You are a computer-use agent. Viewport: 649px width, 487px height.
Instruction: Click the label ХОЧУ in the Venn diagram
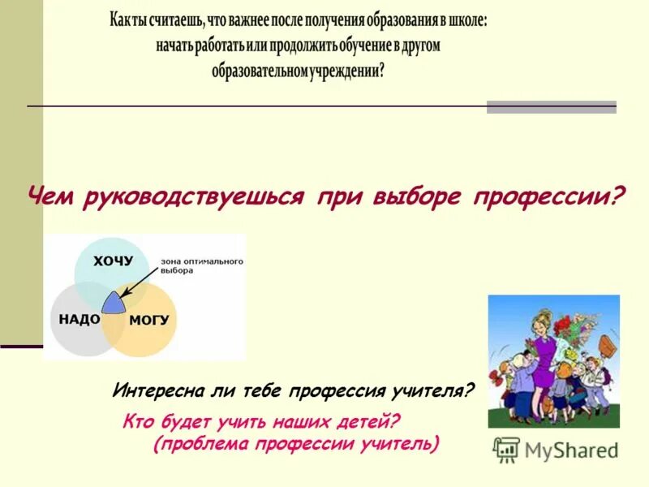point(112,261)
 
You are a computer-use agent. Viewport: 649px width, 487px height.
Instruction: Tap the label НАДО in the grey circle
point(80,319)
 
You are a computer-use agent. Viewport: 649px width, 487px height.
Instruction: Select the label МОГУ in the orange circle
point(149,320)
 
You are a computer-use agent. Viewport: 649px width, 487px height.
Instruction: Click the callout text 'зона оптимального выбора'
point(201,265)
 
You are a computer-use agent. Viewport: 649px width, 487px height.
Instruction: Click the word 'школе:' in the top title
point(465,22)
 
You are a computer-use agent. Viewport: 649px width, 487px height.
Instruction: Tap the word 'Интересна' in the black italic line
point(154,390)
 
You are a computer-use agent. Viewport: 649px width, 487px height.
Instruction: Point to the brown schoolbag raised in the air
point(607,343)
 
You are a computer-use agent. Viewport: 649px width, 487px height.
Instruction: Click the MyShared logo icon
point(507,449)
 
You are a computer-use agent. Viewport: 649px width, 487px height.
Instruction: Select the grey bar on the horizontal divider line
point(551,107)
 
